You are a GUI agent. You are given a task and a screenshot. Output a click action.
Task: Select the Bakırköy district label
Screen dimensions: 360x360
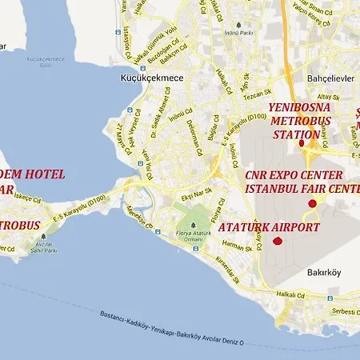pos(324,272)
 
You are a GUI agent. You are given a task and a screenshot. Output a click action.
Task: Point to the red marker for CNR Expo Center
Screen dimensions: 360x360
pos(312,204)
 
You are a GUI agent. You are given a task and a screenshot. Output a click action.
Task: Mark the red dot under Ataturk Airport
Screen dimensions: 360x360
pos(278,241)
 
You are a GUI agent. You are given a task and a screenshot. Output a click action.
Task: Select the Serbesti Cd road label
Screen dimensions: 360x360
pos(346,310)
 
